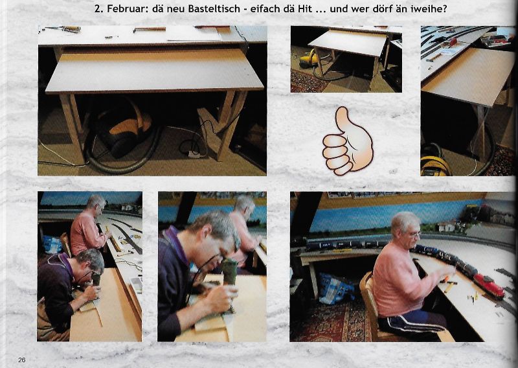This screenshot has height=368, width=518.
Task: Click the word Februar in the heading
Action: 126,8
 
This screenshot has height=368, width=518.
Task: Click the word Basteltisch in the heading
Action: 214,8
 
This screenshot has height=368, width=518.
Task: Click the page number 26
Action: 22,360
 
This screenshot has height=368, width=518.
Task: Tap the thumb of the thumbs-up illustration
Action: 344,120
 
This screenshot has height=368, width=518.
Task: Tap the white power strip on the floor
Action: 194,154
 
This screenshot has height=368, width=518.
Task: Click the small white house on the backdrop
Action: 447,226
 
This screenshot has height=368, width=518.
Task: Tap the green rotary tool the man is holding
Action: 229,271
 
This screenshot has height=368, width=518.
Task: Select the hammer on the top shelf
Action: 149,30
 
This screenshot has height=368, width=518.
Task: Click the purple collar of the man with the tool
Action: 177,243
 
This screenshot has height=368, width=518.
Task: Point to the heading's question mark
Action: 444,8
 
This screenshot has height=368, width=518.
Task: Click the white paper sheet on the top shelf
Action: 193,34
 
